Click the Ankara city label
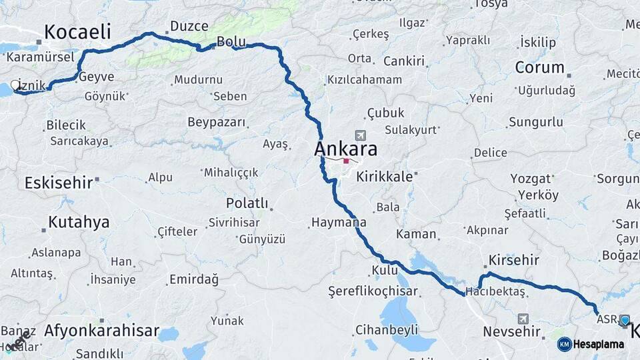[x=345, y=149]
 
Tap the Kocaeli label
[x=77, y=32]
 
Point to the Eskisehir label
[x=58, y=183]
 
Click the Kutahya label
[x=79, y=223]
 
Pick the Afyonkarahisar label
[x=101, y=330]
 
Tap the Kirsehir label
[x=513, y=260]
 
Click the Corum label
[x=539, y=68]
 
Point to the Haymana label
[x=338, y=222]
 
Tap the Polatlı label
[x=247, y=203]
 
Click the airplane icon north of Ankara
[x=361, y=135]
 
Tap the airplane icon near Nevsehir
[x=523, y=319]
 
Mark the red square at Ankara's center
[x=346, y=161]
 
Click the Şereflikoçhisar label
[x=373, y=291]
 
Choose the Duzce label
[x=189, y=26]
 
